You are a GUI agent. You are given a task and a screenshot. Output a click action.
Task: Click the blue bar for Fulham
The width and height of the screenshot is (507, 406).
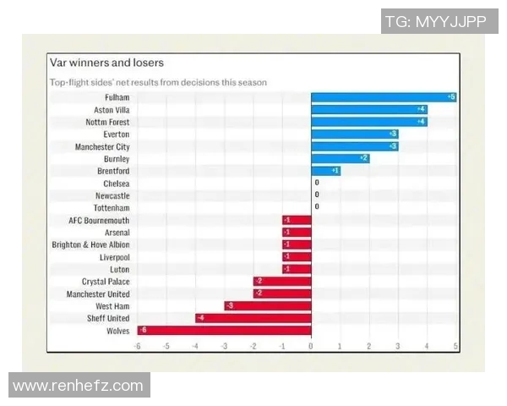pos(384,97)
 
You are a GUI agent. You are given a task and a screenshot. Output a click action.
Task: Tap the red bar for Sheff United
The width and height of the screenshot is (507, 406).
pos(253,318)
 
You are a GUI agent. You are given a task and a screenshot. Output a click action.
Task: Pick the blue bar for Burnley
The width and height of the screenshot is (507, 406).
pos(341,158)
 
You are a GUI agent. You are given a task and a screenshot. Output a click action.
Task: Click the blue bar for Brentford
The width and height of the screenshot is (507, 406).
pos(325,170)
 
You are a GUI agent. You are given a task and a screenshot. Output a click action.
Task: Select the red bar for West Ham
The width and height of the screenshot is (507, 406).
pos(268,305)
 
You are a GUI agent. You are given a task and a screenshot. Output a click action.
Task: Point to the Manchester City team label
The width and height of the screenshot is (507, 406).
pos(102,146)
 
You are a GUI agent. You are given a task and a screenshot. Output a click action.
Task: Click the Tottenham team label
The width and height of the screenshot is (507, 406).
pos(112,207)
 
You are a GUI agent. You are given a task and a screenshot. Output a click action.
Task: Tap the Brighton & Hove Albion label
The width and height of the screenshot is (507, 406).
pos(90,244)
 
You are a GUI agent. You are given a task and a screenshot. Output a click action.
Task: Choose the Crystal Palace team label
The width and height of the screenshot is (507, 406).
pos(106,281)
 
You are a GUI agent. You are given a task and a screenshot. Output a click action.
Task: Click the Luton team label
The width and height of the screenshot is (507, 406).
pos(119,269)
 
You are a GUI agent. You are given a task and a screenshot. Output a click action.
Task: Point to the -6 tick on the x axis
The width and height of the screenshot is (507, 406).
pos(137,346)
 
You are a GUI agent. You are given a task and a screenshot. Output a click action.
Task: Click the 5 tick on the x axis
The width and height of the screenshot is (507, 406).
pos(455,346)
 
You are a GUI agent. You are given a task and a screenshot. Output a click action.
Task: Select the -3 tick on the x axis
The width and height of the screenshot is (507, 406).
pos(224,346)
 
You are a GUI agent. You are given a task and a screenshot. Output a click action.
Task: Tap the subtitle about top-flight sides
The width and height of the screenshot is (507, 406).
pos(158,83)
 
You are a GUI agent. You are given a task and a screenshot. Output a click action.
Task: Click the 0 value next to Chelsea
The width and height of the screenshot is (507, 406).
pos(317,183)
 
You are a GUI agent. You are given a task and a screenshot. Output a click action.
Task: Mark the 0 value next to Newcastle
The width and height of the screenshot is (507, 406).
pos(317,195)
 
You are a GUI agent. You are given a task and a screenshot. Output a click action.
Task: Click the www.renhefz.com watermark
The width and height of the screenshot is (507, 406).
pos(79,387)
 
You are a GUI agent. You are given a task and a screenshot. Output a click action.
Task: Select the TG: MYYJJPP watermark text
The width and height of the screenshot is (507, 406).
pos(435,22)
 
